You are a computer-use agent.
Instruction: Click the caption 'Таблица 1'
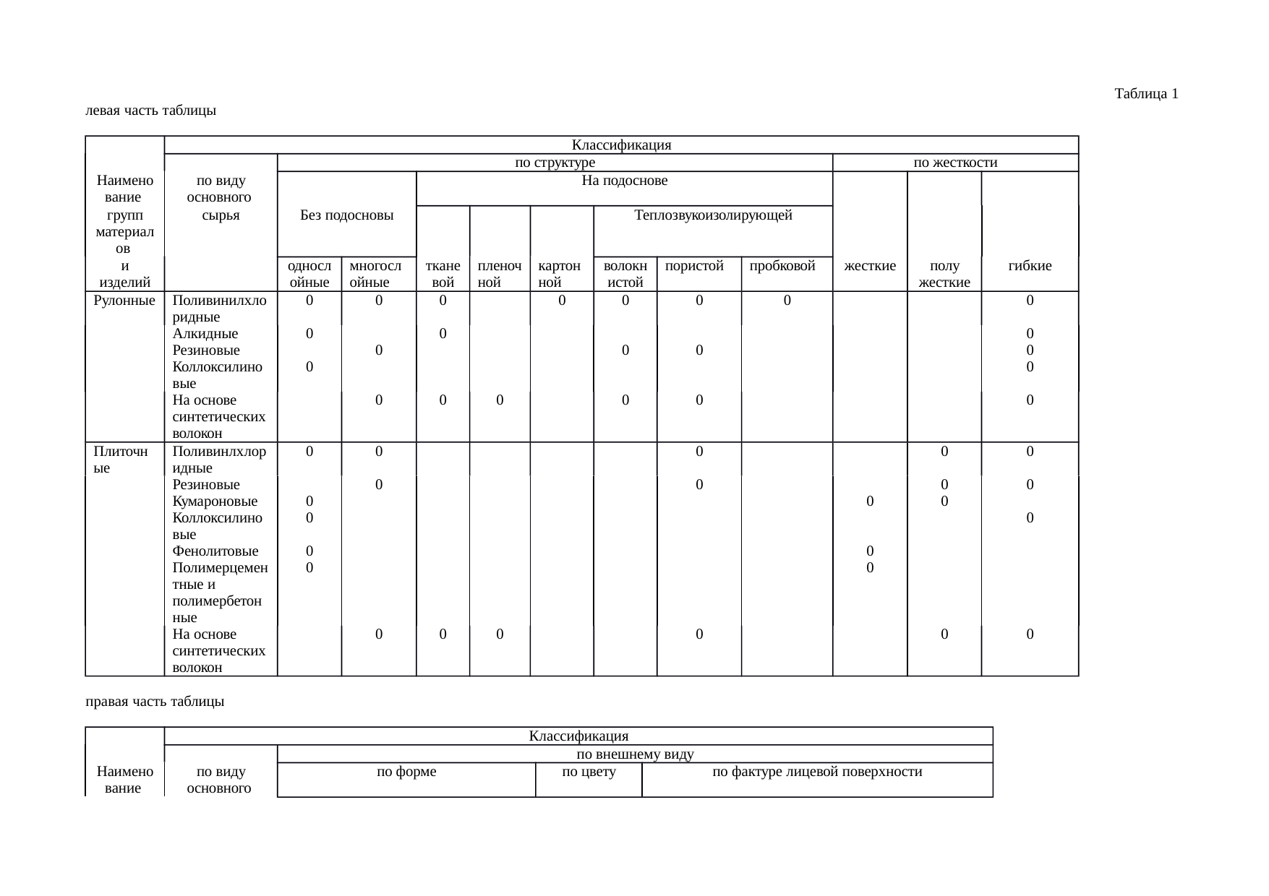(x=1146, y=94)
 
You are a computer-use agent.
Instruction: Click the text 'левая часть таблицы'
(x=150, y=111)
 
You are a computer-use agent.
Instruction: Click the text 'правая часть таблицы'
(x=154, y=702)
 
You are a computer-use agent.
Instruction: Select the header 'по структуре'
(x=555, y=163)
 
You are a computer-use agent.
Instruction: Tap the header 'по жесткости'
(x=955, y=163)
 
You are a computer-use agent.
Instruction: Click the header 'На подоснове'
(x=624, y=180)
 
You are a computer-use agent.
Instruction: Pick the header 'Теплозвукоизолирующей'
(x=713, y=215)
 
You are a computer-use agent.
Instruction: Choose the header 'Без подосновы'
(x=346, y=215)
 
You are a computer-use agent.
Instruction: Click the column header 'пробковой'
(x=782, y=266)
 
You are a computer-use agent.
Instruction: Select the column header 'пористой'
(x=694, y=266)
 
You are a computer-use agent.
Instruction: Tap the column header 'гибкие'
(x=1030, y=266)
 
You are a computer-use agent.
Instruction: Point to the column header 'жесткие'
(x=870, y=266)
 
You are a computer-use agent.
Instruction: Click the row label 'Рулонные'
(x=124, y=300)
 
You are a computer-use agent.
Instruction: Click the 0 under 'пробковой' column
(x=787, y=300)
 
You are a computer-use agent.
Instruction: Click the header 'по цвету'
(x=589, y=772)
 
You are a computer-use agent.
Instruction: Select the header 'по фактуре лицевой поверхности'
(x=817, y=772)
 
